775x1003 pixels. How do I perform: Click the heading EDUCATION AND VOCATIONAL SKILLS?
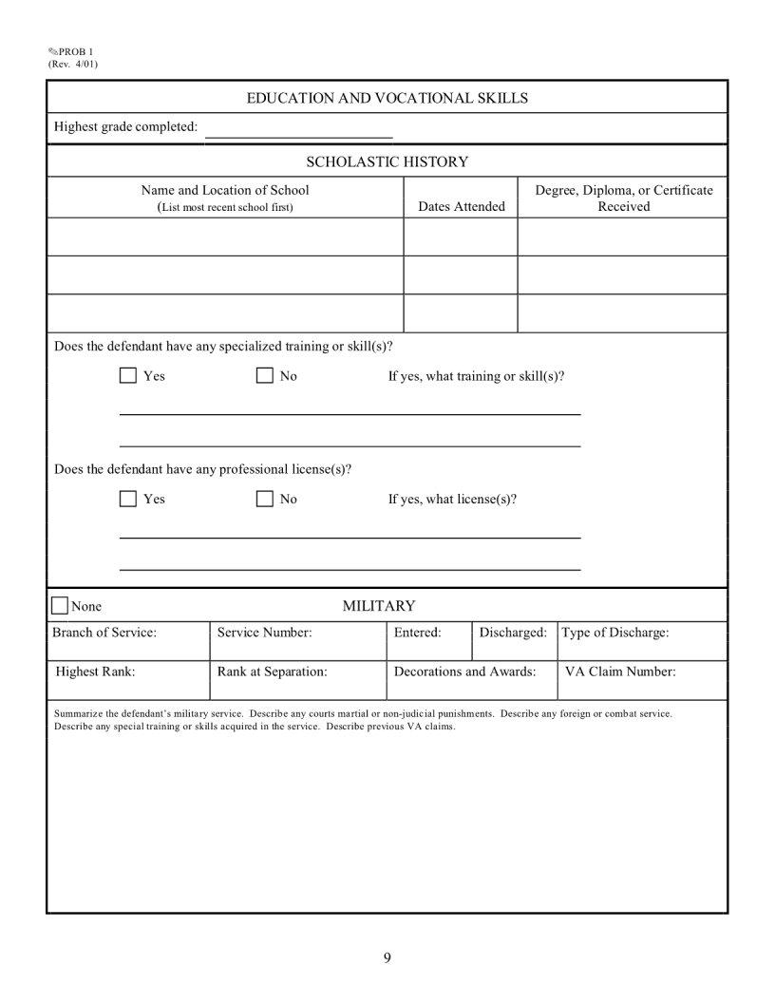pos(387,98)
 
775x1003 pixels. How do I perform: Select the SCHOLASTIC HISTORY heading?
pos(387,161)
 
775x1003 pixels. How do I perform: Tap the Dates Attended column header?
pos(462,206)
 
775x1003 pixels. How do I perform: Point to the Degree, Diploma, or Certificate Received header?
pos(623,198)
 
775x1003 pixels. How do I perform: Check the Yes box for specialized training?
pos(128,376)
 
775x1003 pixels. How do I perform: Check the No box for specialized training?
pos(265,376)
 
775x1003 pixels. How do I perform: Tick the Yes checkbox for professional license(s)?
pos(128,499)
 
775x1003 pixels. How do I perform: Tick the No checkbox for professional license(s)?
pos(265,499)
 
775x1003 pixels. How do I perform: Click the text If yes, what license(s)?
pos(452,499)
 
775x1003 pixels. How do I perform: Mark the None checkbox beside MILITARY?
pos(60,606)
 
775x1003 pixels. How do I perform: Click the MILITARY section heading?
pos(379,606)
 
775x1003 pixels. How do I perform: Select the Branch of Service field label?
pos(104,633)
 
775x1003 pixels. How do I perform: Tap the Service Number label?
pos(264,633)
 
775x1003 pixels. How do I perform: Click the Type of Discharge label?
pos(615,633)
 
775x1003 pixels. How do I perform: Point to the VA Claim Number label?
pos(620,672)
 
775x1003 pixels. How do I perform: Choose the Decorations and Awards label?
pos(464,672)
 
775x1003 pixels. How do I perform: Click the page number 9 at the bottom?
pos(387,956)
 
